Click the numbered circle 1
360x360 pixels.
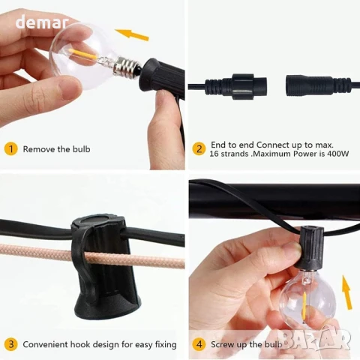click(10, 149)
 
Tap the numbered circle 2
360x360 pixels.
click(199, 149)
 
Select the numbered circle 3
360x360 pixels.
click(10, 344)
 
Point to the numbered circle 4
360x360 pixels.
click(199, 344)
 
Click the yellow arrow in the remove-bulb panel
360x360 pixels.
click(132, 34)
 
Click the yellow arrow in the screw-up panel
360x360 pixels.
click(347, 292)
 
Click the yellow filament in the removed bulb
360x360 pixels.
click(82, 54)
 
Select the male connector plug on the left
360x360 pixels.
click(235, 86)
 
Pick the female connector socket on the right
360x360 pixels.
click(318, 86)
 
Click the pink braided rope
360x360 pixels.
click(92, 256)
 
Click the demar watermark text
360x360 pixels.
click(41, 22)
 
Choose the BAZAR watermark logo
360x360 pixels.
click(317, 340)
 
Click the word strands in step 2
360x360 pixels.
click(235, 154)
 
